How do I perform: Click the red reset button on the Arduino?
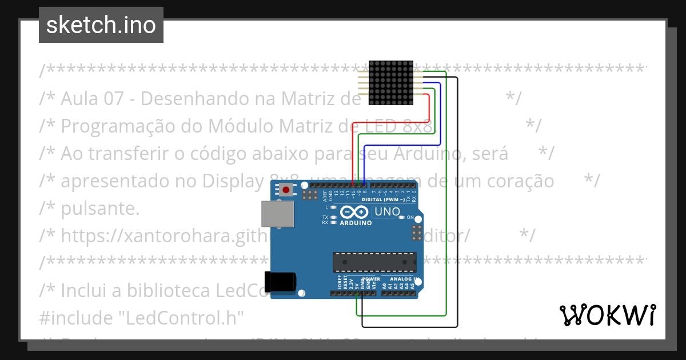[285, 190]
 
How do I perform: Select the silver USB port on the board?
[278, 214]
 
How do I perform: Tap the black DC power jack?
[280, 282]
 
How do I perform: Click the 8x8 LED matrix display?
[390, 83]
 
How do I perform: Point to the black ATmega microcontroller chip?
[374, 261]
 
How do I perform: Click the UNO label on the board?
[387, 212]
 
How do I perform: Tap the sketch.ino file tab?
[101, 25]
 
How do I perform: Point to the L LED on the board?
[333, 207]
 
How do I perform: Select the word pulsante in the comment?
[99, 209]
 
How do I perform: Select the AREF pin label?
[325, 196]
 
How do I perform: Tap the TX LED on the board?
[333, 218]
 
